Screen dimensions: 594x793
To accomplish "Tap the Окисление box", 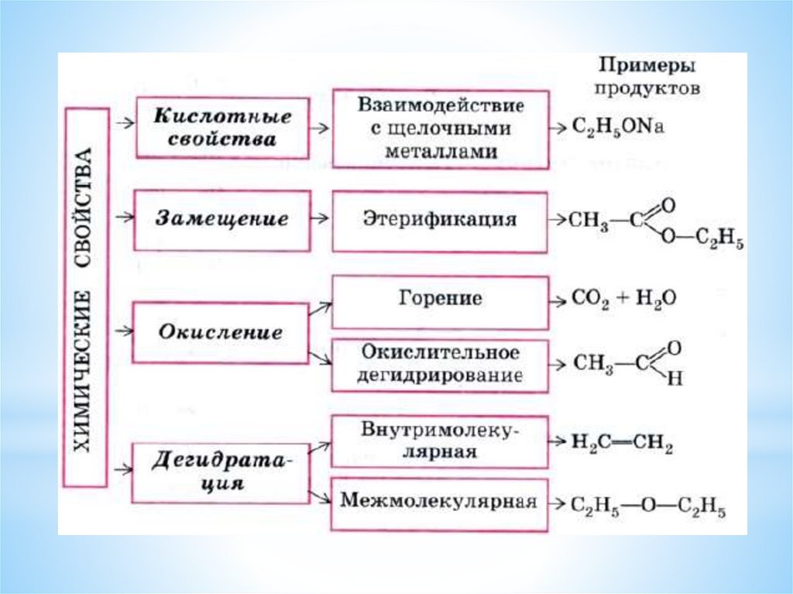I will point(221,334).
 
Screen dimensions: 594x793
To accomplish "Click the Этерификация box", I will point(440,220).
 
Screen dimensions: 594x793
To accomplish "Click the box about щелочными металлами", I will point(440,128).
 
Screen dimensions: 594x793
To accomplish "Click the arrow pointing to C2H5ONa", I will point(558,127).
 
